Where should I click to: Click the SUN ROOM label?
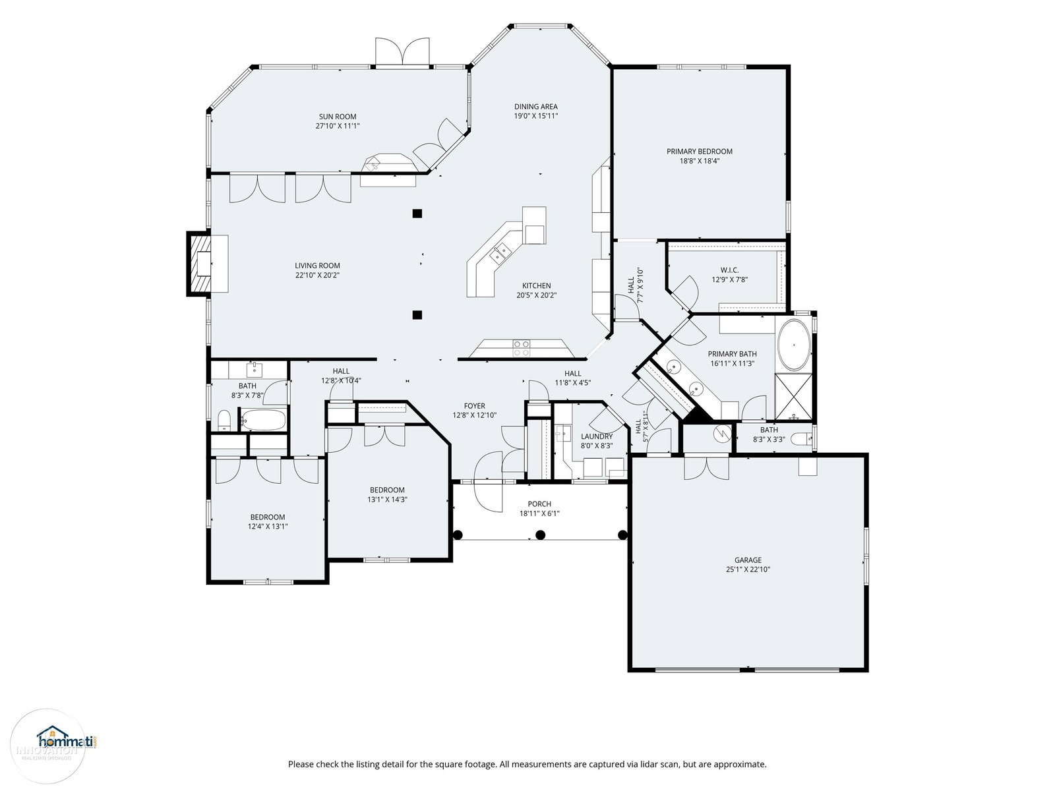point(338,117)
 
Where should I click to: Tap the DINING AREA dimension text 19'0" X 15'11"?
point(536,116)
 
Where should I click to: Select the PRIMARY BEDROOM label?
point(700,152)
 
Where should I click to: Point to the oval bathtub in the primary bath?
point(794,344)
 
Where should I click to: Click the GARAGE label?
point(748,560)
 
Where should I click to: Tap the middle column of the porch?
point(540,535)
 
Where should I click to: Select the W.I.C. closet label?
point(730,270)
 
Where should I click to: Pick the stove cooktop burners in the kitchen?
point(522,348)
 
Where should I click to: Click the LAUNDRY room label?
point(597,436)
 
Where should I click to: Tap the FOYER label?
point(474,406)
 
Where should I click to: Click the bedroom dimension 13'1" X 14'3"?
point(387,500)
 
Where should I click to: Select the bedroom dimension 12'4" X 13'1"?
point(268,527)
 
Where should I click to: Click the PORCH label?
point(539,504)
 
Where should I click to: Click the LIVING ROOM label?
point(317,266)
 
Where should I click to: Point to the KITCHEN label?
point(536,286)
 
